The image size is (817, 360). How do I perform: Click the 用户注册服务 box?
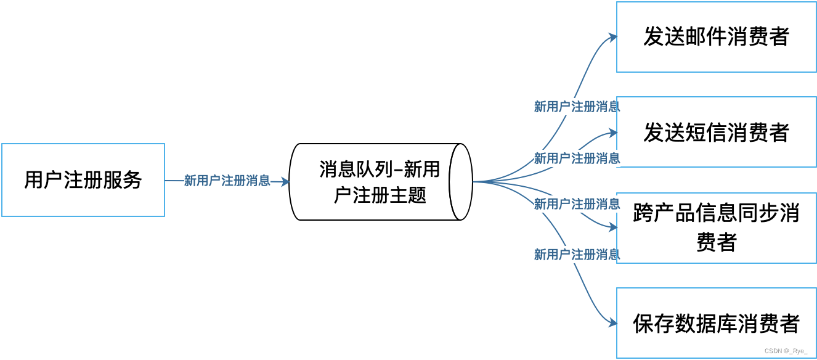(x=83, y=180)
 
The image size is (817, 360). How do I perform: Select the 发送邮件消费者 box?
(x=716, y=37)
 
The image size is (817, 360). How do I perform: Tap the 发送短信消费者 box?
(x=716, y=132)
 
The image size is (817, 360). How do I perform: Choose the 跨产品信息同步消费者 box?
(x=716, y=227)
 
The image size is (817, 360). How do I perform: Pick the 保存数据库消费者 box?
(x=716, y=323)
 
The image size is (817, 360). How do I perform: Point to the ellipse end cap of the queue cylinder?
(x=461, y=182)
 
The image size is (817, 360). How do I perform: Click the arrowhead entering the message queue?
(x=285, y=181)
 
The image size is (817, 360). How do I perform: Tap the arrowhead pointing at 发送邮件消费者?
(x=613, y=37)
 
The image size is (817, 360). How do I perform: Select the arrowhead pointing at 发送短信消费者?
(x=613, y=132)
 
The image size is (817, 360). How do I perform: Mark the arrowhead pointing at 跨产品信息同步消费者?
(x=613, y=227)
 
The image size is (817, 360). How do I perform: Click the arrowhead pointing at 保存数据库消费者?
(x=613, y=323)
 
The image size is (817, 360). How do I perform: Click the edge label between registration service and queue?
(x=227, y=181)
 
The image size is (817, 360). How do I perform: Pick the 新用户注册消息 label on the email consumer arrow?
(x=577, y=107)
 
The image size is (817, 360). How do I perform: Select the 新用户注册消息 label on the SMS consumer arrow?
(x=577, y=158)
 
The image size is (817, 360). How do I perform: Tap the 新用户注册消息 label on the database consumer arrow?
(x=577, y=254)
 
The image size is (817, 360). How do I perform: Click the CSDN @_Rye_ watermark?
(x=786, y=351)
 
